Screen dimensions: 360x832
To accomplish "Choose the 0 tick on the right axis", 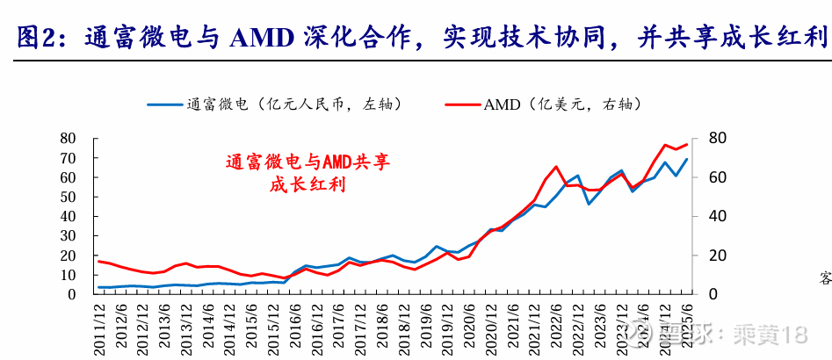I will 710,294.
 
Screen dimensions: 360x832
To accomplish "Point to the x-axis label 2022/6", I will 555,325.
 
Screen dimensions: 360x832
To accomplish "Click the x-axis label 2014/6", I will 206,325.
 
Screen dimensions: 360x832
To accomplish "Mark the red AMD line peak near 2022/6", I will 555,166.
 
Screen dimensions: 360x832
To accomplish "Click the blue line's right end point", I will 686,159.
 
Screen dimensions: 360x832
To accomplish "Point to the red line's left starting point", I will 98,261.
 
